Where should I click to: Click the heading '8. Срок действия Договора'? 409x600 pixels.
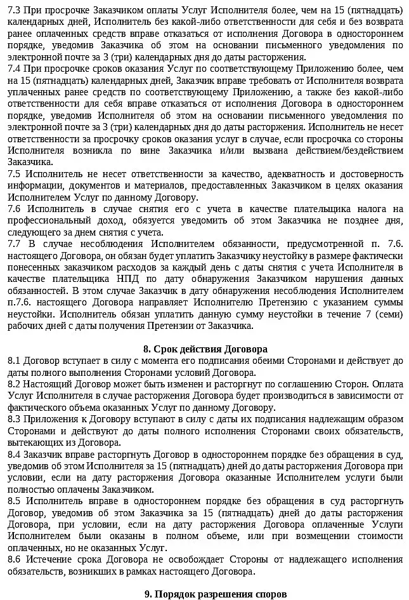click(205, 349)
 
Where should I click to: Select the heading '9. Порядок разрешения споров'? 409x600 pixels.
click(206, 594)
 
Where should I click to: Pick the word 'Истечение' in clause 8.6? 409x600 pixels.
click(50, 559)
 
